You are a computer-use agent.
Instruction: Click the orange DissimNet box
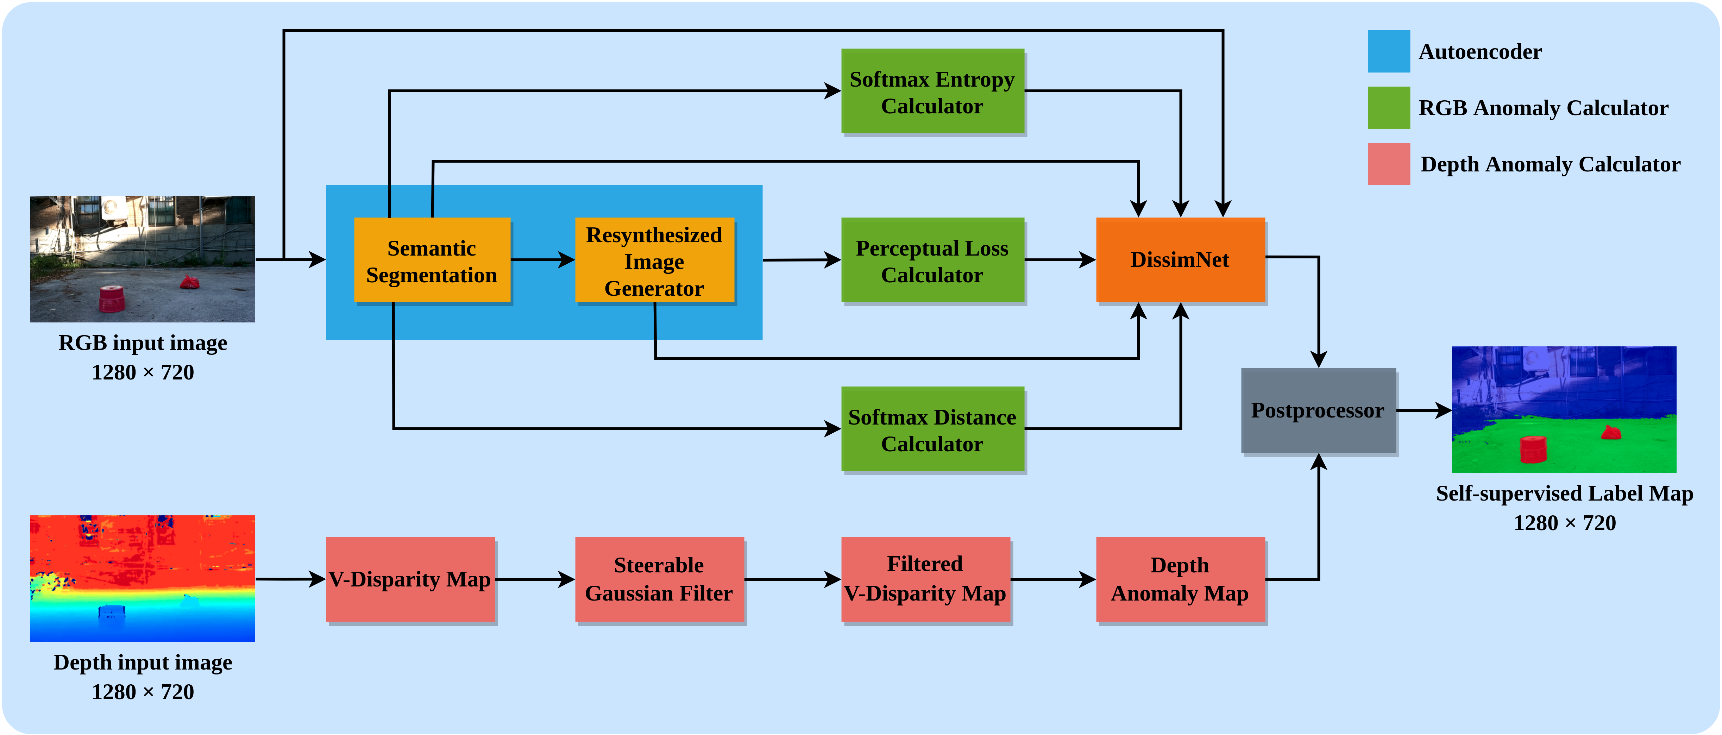(x=1180, y=259)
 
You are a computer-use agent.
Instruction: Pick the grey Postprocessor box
(x=1318, y=410)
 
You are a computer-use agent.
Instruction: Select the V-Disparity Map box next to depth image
(x=410, y=579)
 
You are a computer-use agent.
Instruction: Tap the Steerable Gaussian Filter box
(x=659, y=579)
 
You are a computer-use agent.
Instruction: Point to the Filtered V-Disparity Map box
(x=925, y=579)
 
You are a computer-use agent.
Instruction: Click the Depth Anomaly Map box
(x=1180, y=579)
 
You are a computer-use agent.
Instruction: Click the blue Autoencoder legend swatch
(x=1388, y=51)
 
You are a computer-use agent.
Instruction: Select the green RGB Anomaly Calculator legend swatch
(x=1388, y=108)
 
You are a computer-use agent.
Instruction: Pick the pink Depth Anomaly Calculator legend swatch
(x=1388, y=164)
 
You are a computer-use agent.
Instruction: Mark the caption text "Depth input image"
(x=143, y=662)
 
